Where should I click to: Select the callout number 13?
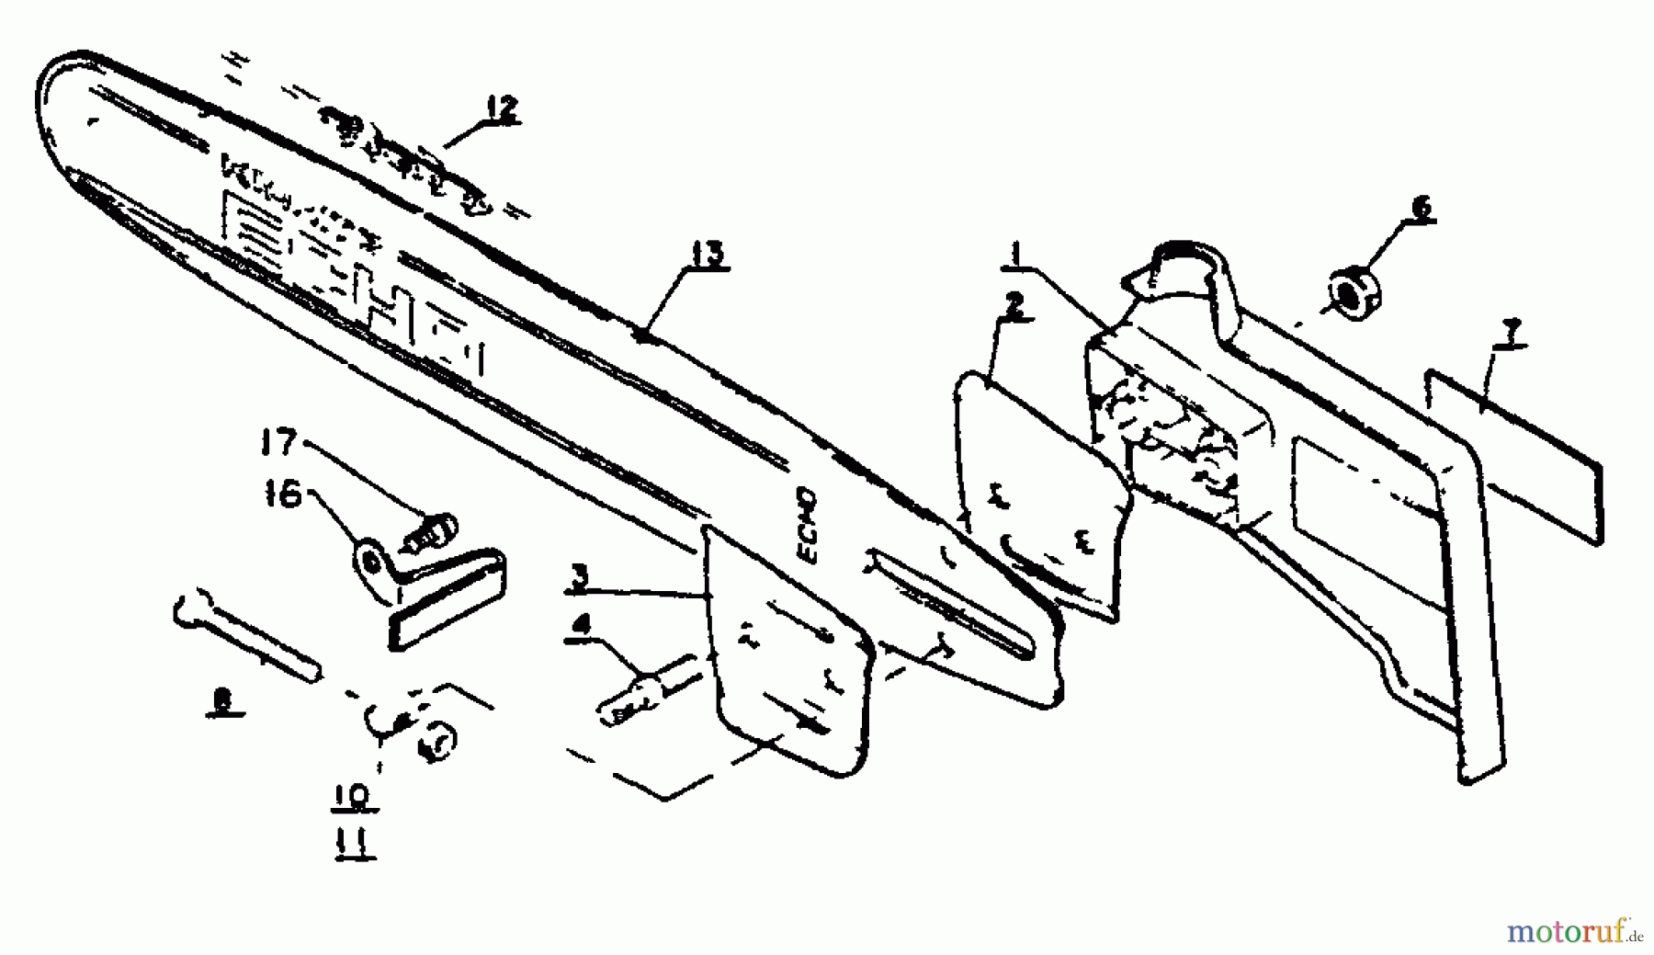[x=705, y=255]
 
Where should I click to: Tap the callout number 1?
[x=1014, y=250]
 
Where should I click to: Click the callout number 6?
[x=1420, y=207]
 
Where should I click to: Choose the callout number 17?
[x=278, y=444]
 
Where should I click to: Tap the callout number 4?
[x=580, y=625]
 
